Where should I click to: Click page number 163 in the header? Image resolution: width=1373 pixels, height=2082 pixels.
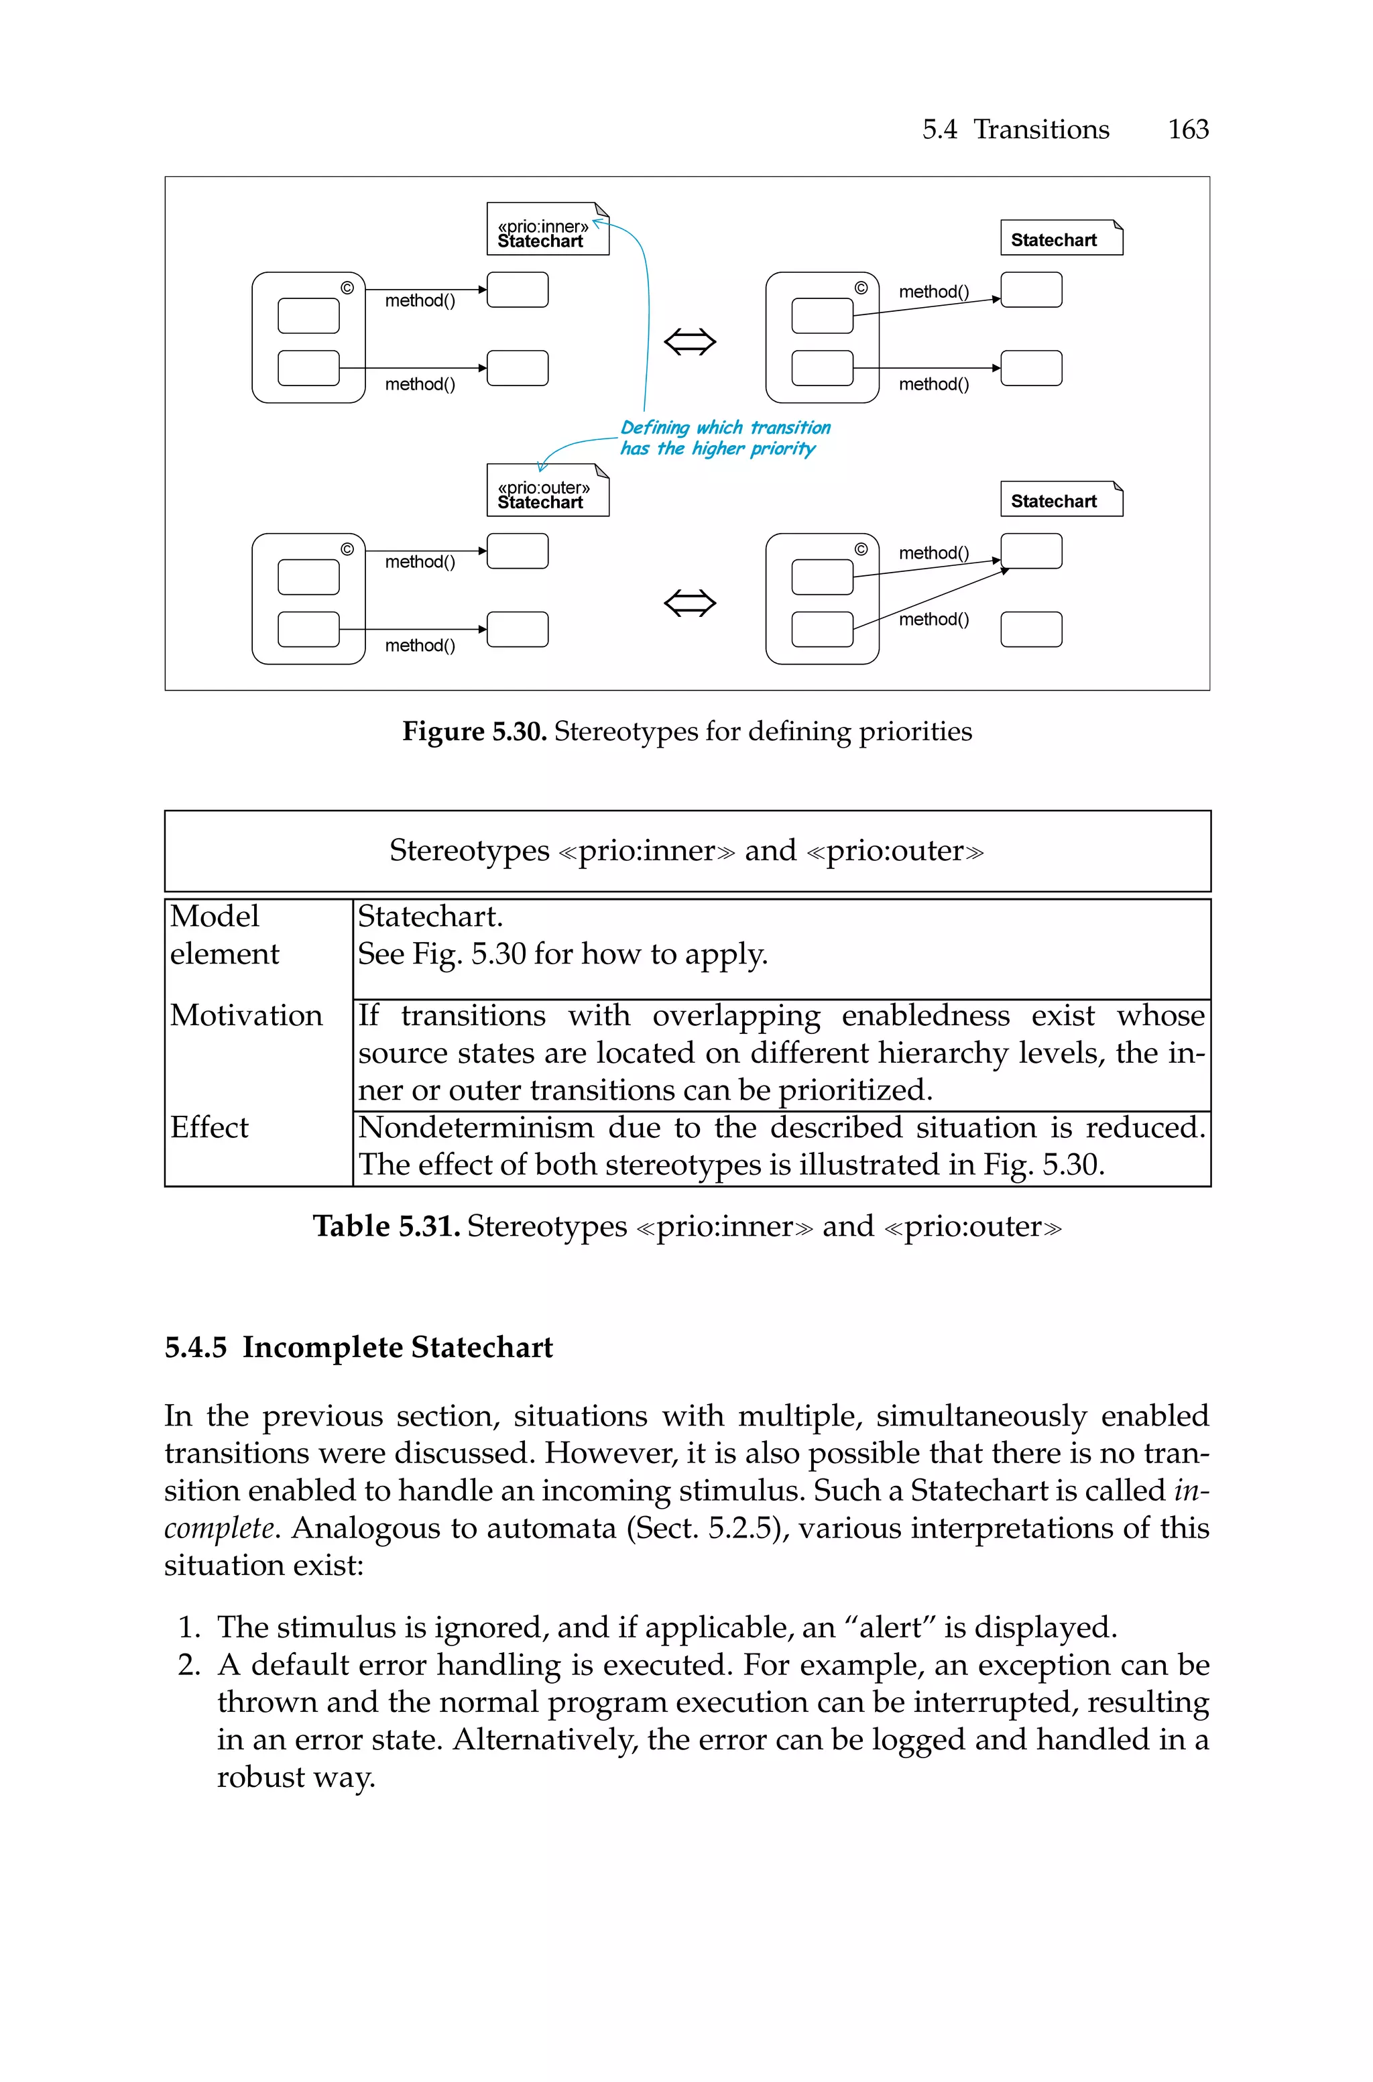(1187, 129)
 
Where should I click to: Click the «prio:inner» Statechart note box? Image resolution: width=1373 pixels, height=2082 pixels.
(546, 230)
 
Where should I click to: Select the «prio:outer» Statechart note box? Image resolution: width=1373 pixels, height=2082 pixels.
(546, 492)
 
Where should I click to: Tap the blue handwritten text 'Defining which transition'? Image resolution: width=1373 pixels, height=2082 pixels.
(725, 427)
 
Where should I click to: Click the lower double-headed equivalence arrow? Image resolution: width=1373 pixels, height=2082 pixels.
(690, 602)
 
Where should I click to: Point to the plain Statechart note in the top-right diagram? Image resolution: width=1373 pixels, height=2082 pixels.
(1061, 238)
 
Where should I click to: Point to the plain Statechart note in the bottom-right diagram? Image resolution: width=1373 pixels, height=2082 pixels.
(1061, 500)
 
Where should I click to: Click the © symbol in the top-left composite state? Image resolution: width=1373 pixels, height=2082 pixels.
(347, 288)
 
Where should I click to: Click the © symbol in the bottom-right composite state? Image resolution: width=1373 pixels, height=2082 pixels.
(861, 549)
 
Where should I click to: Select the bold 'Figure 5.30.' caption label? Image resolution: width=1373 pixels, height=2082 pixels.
(474, 731)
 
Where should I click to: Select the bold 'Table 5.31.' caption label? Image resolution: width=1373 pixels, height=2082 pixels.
(386, 1226)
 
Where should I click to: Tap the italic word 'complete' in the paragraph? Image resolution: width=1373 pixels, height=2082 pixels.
(220, 1527)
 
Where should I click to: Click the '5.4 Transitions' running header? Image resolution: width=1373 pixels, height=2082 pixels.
(1015, 129)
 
